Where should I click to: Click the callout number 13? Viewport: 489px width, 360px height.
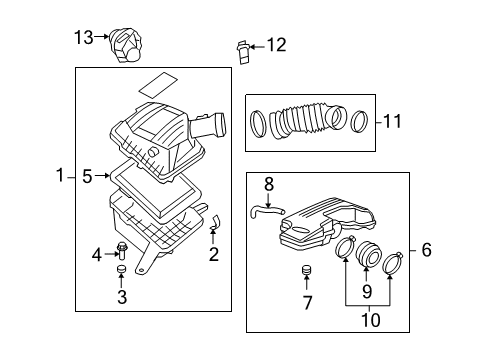82,37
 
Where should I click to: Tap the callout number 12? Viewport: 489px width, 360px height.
275,44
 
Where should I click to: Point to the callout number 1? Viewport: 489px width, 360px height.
61,177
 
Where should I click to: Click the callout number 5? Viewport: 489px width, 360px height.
87,177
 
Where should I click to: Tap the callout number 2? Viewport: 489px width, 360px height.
213,255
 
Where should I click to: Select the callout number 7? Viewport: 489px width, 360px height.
308,302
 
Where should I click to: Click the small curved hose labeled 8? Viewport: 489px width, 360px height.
262,209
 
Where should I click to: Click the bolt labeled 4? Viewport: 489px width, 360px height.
122,250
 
